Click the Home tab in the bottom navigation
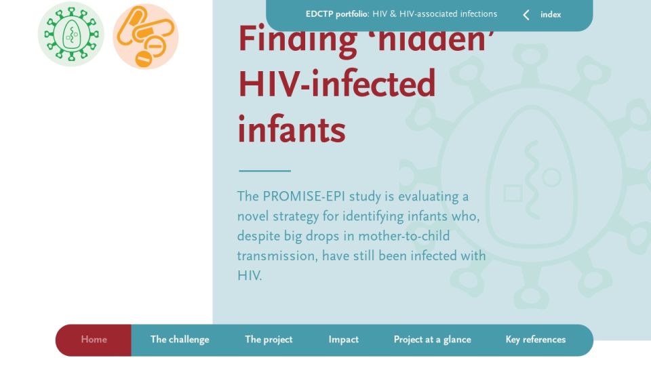pos(94,340)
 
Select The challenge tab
pos(180,340)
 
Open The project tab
pos(269,340)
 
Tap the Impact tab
pos(343,340)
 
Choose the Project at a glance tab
pos(432,340)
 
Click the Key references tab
pos(536,340)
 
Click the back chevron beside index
pos(526,15)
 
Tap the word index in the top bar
pos(551,14)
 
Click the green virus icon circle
pos(71,34)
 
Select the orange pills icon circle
pos(146,36)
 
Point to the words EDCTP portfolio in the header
pos(337,14)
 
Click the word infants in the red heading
pos(292,129)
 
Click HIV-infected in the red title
pos(337,84)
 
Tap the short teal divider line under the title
pos(265,171)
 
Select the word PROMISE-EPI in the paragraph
pos(304,197)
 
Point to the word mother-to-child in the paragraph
pos(404,236)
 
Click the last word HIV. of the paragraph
pos(250,276)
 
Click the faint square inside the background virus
pos(513,193)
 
